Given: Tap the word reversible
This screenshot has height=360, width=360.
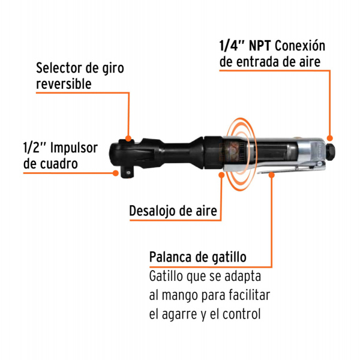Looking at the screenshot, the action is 64,83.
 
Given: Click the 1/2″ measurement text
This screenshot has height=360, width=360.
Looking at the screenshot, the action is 34,148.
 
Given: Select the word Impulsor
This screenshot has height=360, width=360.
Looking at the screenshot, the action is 74,148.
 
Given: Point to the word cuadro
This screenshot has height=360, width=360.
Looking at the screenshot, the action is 59,164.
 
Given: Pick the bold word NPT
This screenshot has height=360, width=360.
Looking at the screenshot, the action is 260,46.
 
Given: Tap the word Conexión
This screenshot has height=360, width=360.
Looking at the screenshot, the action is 300,45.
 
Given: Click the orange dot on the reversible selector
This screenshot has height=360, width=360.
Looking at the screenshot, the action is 128,138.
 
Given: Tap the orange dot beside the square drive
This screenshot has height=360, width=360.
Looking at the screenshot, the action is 116,173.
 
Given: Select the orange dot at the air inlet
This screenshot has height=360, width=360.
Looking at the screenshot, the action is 329,138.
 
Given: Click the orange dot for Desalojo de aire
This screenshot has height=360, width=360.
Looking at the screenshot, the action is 221,175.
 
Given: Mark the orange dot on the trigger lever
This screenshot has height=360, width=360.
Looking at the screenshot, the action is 272,175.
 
